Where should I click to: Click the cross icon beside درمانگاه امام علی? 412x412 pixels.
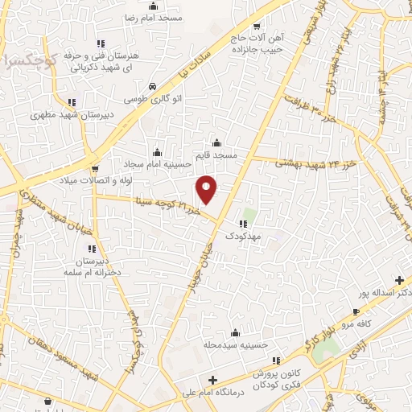point(212,380)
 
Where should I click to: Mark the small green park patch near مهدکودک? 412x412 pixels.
point(250,216)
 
